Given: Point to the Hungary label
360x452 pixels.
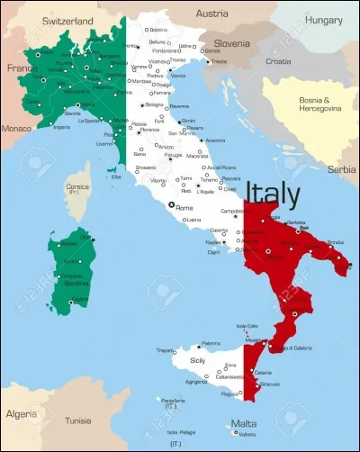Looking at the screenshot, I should (323, 19).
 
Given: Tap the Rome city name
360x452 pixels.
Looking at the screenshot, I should (184, 208).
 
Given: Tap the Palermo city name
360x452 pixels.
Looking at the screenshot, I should (211, 343).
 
